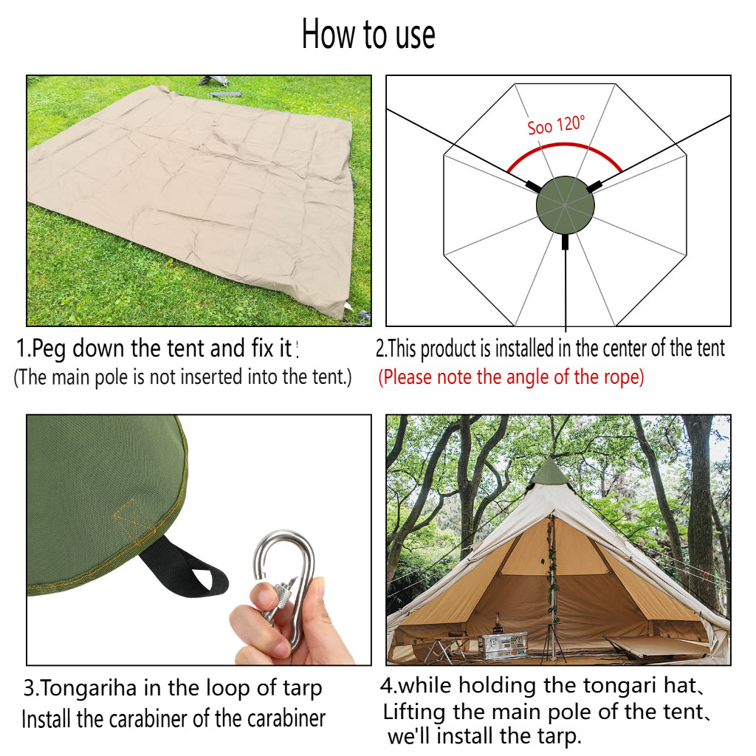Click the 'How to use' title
click(x=368, y=34)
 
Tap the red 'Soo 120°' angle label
click(x=556, y=125)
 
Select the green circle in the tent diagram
click(x=565, y=205)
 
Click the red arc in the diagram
click(x=565, y=145)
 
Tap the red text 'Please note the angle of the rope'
click(x=511, y=377)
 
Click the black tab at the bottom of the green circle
click(x=565, y=241)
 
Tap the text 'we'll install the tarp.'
click(x=484, y=736)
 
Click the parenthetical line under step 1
click(x=183, y=377)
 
